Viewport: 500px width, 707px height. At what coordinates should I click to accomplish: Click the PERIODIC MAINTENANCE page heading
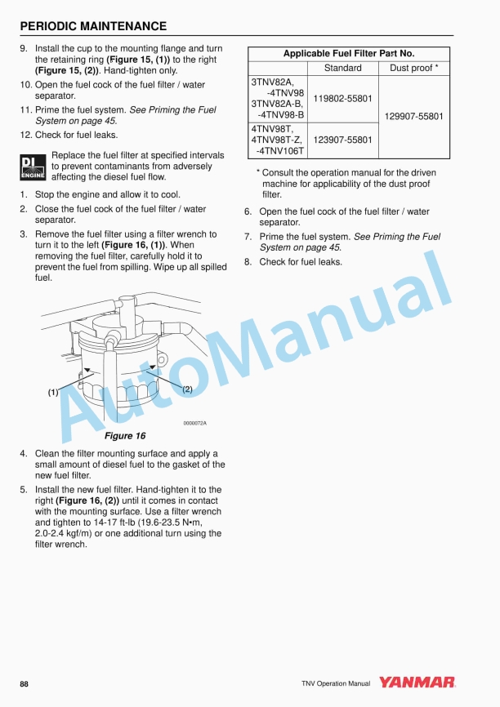93,26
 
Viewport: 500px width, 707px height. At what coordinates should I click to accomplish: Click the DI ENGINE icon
33,167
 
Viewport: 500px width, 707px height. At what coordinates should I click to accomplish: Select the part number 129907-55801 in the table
413,117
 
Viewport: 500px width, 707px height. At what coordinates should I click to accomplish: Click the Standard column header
343,69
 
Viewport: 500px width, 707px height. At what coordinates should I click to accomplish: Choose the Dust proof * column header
413,69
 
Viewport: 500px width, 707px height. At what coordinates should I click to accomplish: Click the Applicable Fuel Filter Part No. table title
349,54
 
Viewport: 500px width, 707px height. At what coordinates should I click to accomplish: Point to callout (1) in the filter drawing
53,392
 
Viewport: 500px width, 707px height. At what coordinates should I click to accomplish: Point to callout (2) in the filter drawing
186,389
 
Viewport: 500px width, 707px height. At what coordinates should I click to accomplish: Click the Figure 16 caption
124,436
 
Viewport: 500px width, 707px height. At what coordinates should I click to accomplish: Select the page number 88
25,683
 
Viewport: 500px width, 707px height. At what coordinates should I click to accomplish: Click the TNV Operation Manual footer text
335,683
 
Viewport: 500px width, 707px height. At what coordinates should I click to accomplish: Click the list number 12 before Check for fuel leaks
26,135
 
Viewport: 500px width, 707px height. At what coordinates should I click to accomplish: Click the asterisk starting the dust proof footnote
258,173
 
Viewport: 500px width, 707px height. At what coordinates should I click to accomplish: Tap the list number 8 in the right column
248,262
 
